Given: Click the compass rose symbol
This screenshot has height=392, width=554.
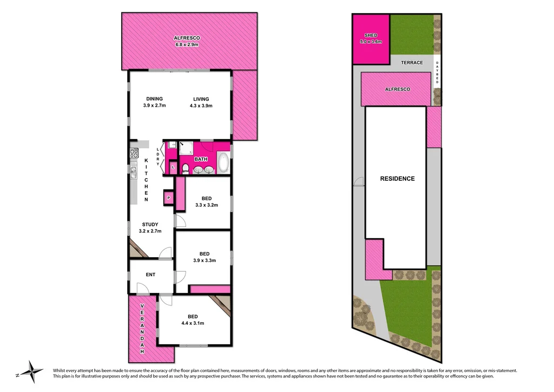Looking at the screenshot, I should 34,373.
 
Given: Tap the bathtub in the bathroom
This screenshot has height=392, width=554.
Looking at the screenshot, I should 223,162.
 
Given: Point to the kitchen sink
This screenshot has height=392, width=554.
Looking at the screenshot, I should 133,172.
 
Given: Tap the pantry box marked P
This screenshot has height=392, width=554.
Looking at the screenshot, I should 169,198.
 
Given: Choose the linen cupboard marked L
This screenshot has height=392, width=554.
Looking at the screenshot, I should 173,167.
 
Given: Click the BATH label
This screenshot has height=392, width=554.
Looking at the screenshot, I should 201,159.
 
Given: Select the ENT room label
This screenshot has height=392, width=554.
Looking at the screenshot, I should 150,275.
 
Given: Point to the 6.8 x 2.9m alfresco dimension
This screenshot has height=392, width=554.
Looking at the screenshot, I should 187,44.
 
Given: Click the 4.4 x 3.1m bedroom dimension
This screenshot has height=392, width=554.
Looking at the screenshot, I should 193,323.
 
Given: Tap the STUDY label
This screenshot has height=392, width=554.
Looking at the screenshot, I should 150,224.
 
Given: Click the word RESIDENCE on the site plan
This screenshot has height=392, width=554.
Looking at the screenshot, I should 397,179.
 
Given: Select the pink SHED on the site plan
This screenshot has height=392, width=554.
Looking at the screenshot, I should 371,38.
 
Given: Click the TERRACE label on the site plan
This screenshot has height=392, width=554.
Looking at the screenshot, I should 412,63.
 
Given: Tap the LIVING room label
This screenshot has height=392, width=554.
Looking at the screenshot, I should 201,99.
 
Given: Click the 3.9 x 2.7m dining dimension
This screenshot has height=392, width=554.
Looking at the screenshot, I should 154,106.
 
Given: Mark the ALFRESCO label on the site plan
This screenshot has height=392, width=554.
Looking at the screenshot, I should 397,89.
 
